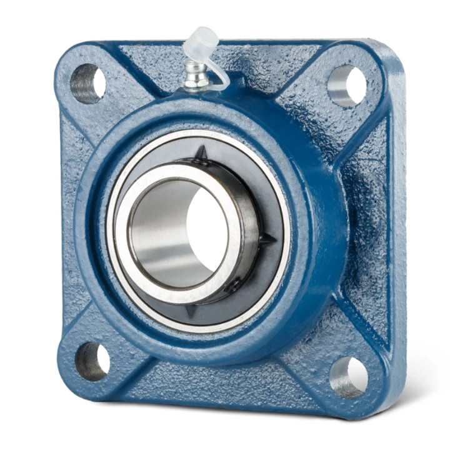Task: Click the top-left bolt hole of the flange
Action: tap(87, 83)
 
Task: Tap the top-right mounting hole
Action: tap(347, 84)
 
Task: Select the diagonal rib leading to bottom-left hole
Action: tap(125, 334)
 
